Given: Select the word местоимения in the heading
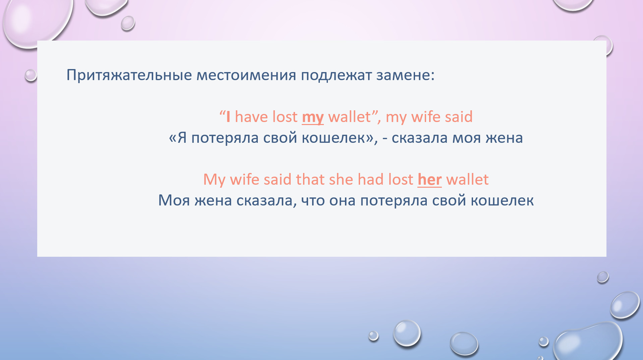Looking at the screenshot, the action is (246, 75).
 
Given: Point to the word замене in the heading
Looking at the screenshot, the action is (403, 75).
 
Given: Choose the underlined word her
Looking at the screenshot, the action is (429, 180).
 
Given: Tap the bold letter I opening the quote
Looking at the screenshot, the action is (228, 117).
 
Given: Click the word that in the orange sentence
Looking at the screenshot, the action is (310, 179).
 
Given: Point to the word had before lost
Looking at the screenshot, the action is (370, 179).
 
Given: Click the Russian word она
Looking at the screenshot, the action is (342, 201).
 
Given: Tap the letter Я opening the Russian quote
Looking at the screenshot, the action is (182, 138).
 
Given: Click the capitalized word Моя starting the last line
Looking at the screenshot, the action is (174, 200).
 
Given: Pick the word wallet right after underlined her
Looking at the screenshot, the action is (467, 180).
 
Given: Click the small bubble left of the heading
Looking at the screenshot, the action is (31, 75).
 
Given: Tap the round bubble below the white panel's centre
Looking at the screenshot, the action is (407, 333).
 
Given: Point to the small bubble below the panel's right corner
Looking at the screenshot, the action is (603, 277).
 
